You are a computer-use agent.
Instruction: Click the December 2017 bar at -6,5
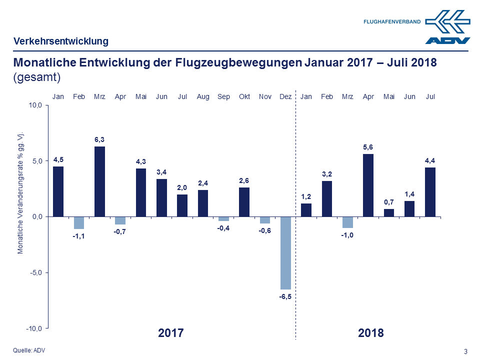click(x=285, y=252)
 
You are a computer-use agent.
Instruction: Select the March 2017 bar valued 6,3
click(x=99, y=181)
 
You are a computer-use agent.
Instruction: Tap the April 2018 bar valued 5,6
click(x=368, y=185)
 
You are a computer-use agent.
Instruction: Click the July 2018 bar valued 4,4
click(x=430, y=192)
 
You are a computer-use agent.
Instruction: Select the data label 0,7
click(x=388, y=201)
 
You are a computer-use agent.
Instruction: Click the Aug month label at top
click(x=203, y=96)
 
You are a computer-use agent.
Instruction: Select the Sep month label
click(x=223, y=96)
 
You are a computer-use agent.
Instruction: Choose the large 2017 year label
click(x=171, y=333)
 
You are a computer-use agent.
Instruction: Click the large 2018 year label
click(x=370, y=333)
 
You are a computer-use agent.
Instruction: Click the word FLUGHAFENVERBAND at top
click(x=392, y=21)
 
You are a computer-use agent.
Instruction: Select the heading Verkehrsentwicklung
click(x=61, y=41)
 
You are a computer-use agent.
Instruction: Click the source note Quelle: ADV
click(x=28, y=350)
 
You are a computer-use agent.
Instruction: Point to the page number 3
click(x=465, y=351)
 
